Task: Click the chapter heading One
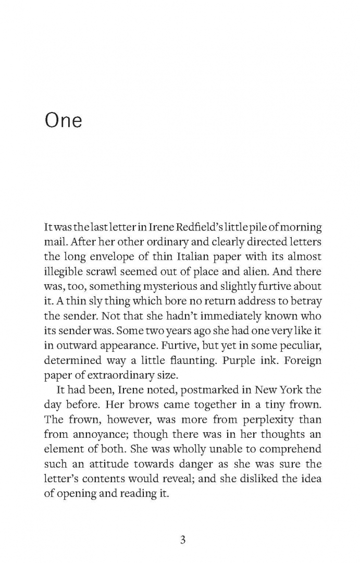tap(64, 120)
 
